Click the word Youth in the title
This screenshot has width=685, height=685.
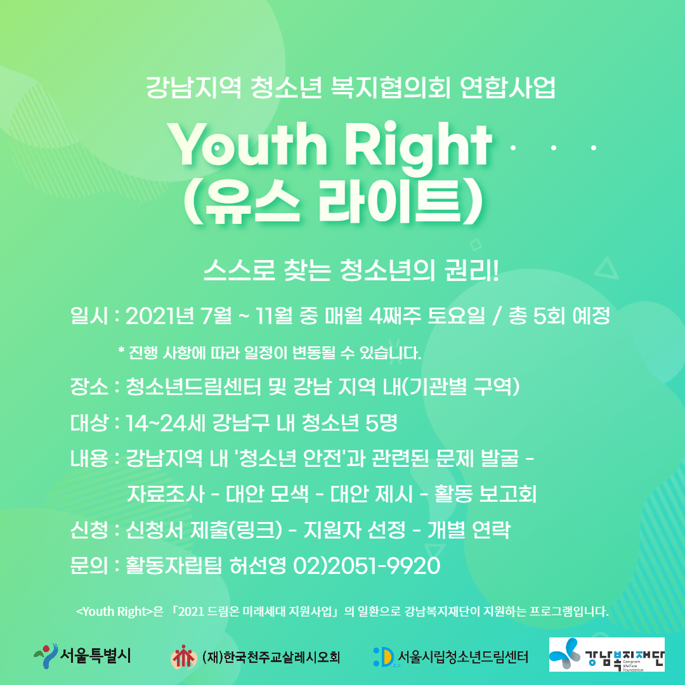click(247, 143)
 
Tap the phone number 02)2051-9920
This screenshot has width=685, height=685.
click(367, 566)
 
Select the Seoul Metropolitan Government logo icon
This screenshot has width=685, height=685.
click(46, 655)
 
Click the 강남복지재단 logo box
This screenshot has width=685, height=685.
click(607, 654)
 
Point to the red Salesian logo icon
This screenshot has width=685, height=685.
click(184, 656)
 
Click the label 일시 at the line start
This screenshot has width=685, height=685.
click(89, 315)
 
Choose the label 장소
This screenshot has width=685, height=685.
click(89, 387)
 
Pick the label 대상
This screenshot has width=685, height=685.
click(89, 422)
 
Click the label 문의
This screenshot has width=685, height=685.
click(89, 566)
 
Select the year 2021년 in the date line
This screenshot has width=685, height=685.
click(159, 315)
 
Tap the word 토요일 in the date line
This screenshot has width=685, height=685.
click(456, 315)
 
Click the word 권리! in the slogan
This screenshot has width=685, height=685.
click(471, 270)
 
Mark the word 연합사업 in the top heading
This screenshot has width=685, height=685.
click(507, 88)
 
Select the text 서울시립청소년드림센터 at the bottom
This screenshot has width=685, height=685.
click(463, 656)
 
